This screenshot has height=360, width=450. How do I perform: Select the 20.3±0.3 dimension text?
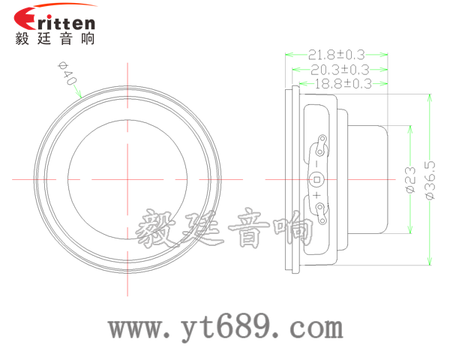coord(339,69)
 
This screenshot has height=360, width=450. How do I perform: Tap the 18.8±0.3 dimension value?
coord(341,84)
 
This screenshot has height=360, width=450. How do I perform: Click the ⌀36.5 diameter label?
coord(430,180)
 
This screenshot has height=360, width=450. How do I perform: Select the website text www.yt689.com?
coord(226,328)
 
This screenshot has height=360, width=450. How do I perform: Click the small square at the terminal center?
coord(317,179)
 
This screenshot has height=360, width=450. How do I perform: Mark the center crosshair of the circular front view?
coord(129,179)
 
